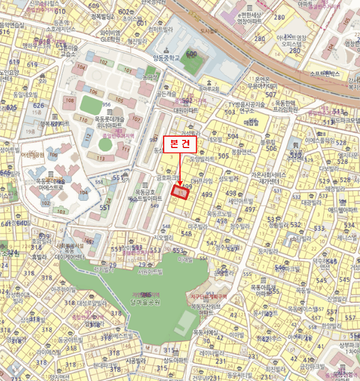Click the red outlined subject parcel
tap(180, 192)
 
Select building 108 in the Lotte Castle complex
tap(70, 100)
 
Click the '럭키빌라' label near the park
tap(104, 268)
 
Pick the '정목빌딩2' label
tap(103, 16)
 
